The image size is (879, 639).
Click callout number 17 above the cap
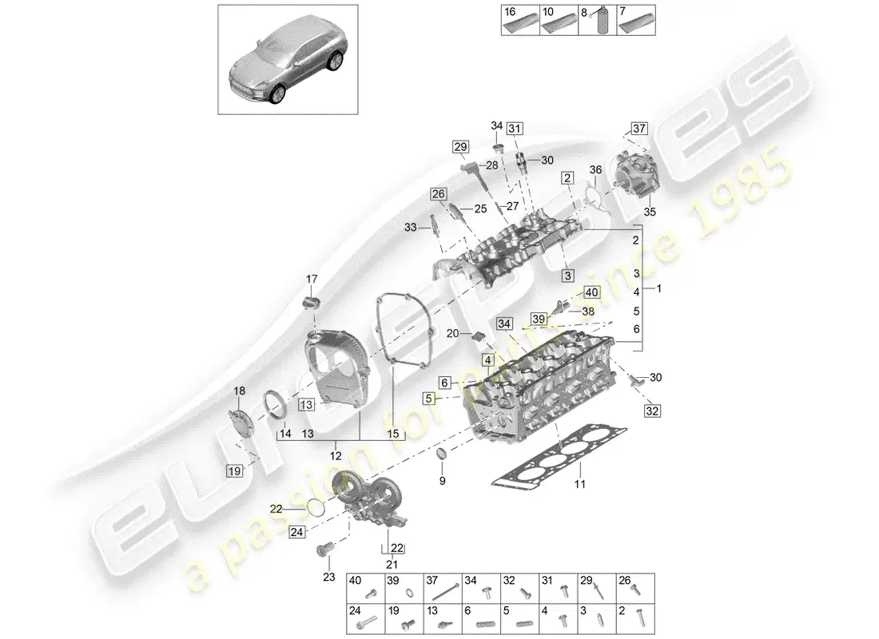click(x=312, y=279)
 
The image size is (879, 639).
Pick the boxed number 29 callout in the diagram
click(x=460, y=146)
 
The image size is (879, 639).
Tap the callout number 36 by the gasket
click(x=595, y=169)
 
